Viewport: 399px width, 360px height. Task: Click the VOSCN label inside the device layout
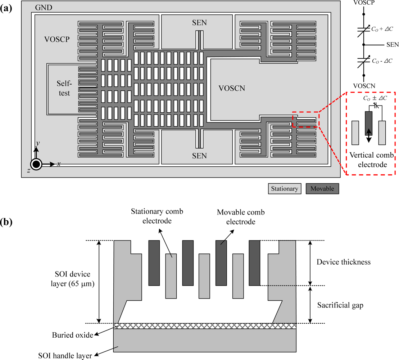pyautogui.click(x=232, y=88)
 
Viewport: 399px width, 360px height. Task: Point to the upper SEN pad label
pyautogui.click(x=199, y=23)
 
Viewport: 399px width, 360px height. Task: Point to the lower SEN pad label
pyautogui.click(x=199, y=156)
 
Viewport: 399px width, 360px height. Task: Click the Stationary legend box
pyautogui.click(x=284, y=189)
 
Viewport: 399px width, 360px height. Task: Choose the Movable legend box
pyautogui.click(x=322, y=189)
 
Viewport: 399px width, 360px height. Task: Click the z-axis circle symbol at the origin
pyautogui.click(x=36, y=165)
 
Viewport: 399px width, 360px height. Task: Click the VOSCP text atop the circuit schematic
pyautogui.click(x=364, y=2)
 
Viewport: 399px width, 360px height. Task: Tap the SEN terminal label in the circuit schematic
pyautogui.click(x=392, y=45)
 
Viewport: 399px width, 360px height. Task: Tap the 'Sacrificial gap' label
pyautogui.click(x=340, y=305)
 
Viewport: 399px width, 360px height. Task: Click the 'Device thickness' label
pyautogui.click(x=343, y=262)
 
